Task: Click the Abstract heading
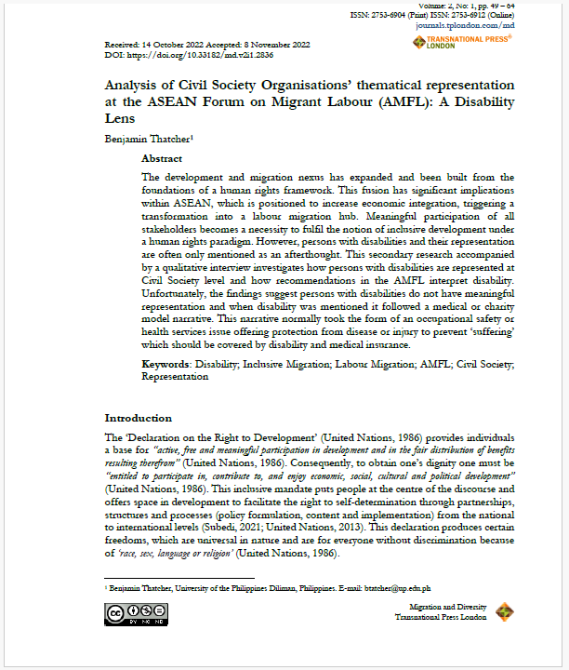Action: [x=162, y=159]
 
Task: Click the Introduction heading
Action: [x=138, y=418]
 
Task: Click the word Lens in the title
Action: [x=121, y=119]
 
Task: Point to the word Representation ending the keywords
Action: [x=175, y=377]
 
